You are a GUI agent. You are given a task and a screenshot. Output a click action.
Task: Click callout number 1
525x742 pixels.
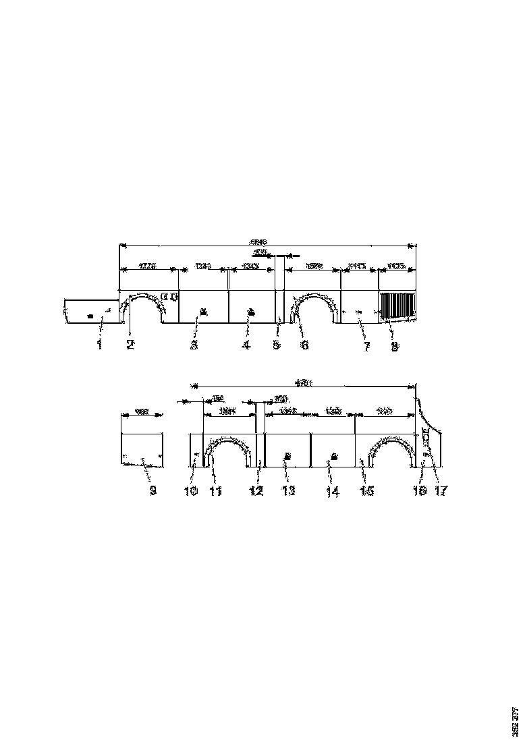[99, 345]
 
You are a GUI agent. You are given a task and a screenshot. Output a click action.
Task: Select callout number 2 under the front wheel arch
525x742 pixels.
[130, 345]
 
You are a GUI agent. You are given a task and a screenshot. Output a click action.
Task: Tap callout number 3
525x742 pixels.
[194, 345]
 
